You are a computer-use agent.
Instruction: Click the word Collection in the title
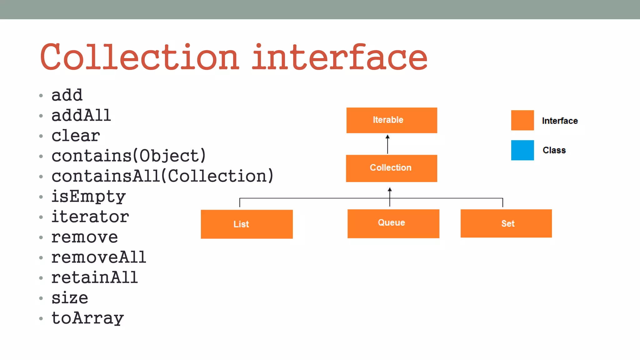[140, 57]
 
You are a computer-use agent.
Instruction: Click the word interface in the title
[339, 57]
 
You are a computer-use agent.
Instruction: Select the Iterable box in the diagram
[392, 120]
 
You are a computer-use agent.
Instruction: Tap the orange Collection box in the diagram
[391, 168]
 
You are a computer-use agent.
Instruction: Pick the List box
[247, 224]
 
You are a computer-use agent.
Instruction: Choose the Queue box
[393, 223]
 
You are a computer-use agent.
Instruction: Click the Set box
[506, 223]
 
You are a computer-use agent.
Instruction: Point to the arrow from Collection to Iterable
[387, 144]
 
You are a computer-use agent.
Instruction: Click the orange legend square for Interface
[522, 120]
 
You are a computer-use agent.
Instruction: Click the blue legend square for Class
[522, 150]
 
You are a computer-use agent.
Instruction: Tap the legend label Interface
[560, 121]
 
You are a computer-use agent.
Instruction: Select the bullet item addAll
[81, 116]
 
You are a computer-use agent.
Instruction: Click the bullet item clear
[76, 136]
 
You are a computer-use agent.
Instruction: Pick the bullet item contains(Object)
[128, 156]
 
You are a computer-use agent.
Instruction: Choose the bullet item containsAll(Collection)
[162, 176]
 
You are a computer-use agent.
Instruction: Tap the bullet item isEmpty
[88, 197]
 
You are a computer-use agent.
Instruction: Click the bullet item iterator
[90, 217]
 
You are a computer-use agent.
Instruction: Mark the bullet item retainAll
[94, 277]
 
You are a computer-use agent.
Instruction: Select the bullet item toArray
[87, 318]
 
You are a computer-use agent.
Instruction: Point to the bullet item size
[70, 298]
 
